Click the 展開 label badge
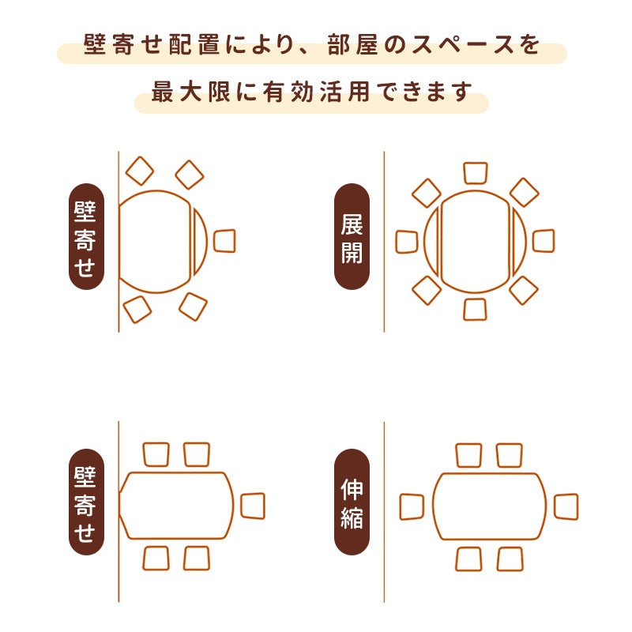tap(352, 237)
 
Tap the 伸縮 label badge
tap(352, 502)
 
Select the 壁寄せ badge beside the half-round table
tap(86, 237)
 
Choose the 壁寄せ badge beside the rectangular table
tap(86, 502)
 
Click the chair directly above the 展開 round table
tap(476, 173)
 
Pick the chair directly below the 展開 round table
tap(476, 309)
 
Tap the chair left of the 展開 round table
tap(407, 241)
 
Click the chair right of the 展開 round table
tap(544, 241)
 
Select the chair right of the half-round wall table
tap(224, 240)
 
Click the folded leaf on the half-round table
tap(200, 241)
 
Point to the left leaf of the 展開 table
tap(431, 241)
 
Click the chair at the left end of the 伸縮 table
tap(412, 506)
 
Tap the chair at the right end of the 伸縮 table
tap(566, 506)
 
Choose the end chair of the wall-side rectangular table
tap(253, 506)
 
